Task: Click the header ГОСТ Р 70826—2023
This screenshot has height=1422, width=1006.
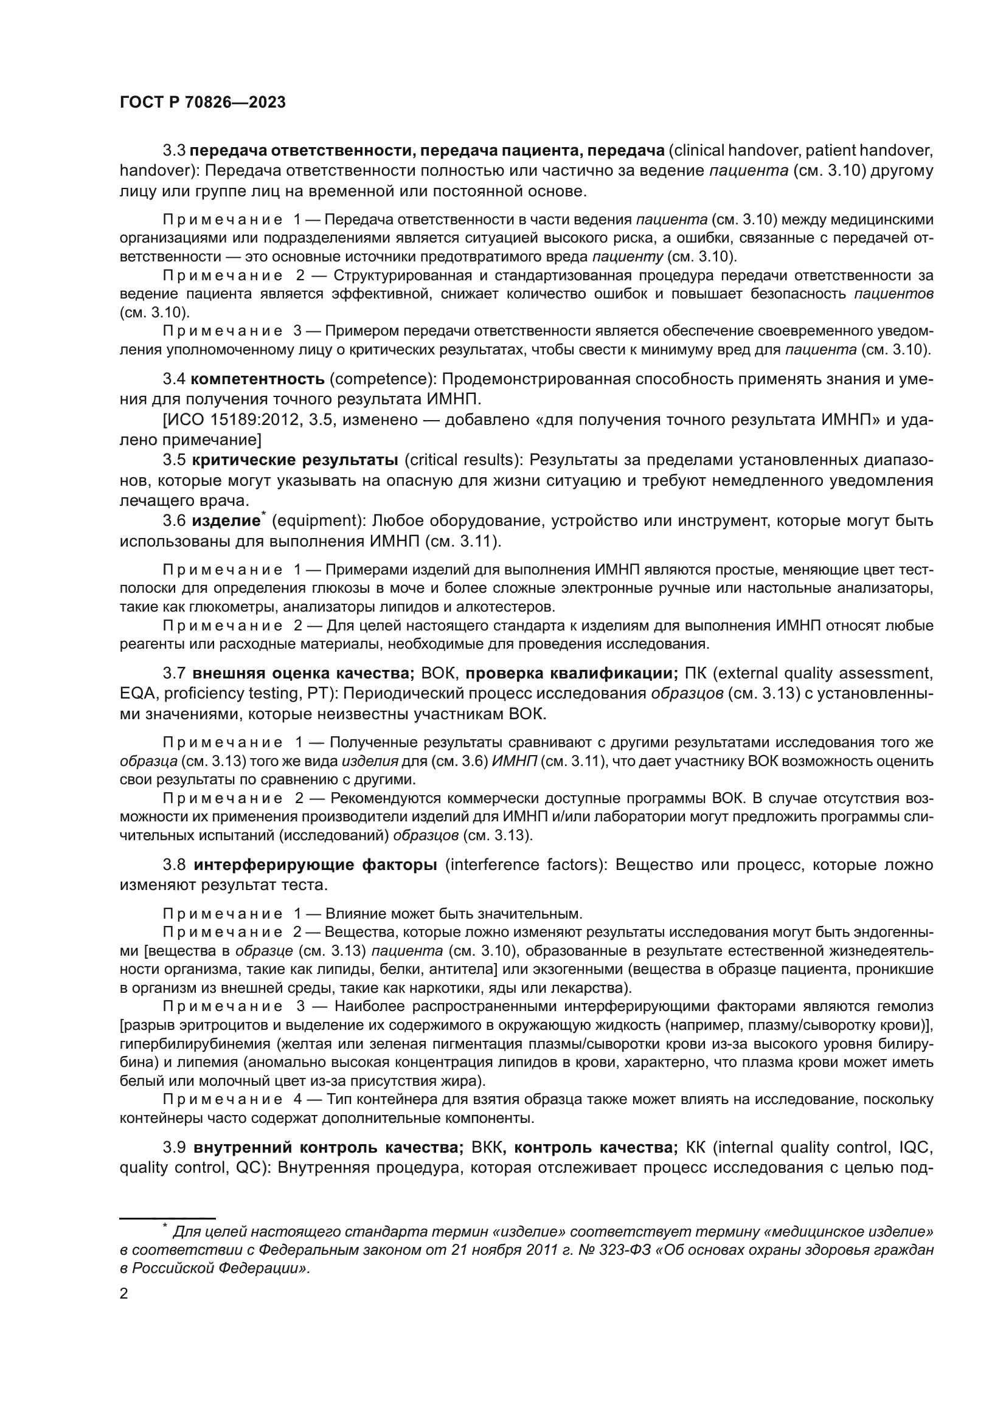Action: pyautogui.click(x=203, y=103)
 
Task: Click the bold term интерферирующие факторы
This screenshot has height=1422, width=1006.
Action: pyautogui.click(x=315, y=865)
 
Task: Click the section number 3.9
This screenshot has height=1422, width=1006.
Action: pyautogui.click(x=175, y=1148)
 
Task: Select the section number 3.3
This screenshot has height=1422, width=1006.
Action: pyautogui.click(x=175, y=151)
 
